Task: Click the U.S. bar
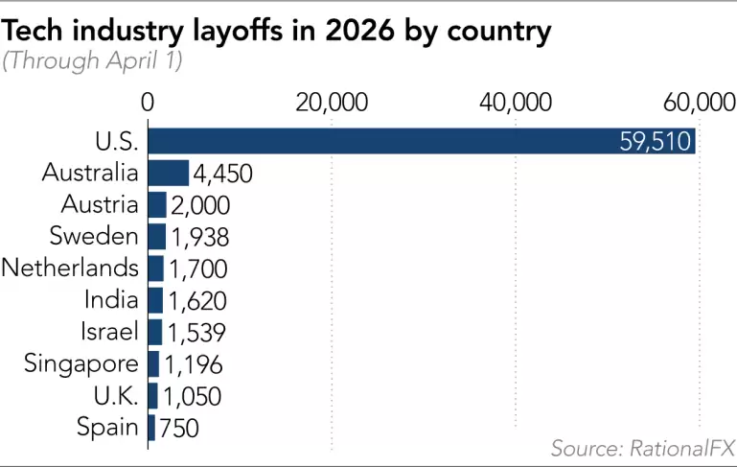click(422, 142)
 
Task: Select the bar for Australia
click(169, 174)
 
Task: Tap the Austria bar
click(157, 205)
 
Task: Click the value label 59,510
click(656, 143)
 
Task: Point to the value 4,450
click(222, 175)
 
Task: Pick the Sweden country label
click(101, 236)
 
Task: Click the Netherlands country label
click(70, 268)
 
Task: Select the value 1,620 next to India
click(197, 300)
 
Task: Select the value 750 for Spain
click(178, 428)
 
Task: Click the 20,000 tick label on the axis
click(332, 103)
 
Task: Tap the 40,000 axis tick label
click(516, 103)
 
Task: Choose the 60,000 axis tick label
click(697, 103)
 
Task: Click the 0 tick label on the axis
click(148, 103)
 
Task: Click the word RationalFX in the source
click(682, 448)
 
